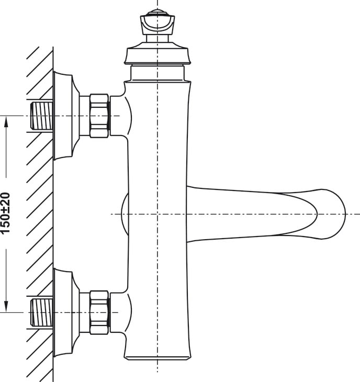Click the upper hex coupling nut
(x=99, y=116)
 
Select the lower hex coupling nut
(x=99, y=312)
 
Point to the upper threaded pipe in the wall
(x=41, y=116)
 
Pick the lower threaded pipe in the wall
(x=41, y=312)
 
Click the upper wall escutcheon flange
(x=66, y=116)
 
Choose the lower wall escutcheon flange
(x=66, y=312)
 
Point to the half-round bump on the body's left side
(x=125, y=214)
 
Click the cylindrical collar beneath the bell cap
(x=157, y=73)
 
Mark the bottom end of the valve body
(x=157, y=357)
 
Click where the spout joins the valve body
(x=187, y=214)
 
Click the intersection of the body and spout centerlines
(x=157, y=214)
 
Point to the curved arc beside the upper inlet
(x=129, y=116)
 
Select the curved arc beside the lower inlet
(x=129, y=312)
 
